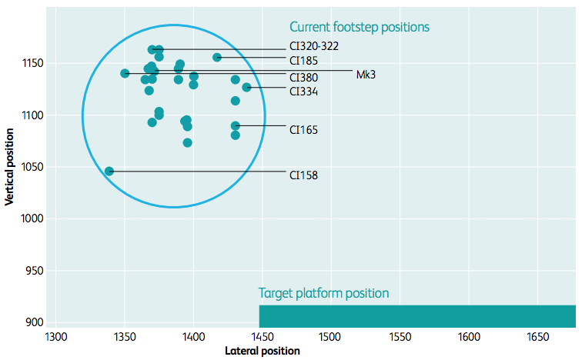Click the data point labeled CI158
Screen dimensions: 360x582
tap(109, 171)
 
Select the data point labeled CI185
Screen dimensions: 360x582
tap(217, 57)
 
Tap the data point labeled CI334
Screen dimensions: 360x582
tap(246, 87)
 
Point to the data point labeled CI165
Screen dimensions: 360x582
tap(236, 125)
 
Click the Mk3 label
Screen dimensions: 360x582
tap(366, 74)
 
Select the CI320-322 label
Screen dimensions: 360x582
tap(313, 46)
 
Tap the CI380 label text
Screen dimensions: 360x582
tap(303, 77)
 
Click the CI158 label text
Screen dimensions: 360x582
tap(303, 175)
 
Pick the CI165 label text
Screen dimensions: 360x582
tap(303, 130)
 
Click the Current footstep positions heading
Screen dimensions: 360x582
tap(359, 27)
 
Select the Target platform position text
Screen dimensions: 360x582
tap(323, 293)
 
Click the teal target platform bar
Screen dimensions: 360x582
tap(416, 316)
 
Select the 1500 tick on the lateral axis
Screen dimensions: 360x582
tap(330, 337)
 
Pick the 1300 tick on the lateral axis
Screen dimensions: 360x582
tap(56, 337)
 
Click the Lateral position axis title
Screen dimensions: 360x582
tap(263, 351)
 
